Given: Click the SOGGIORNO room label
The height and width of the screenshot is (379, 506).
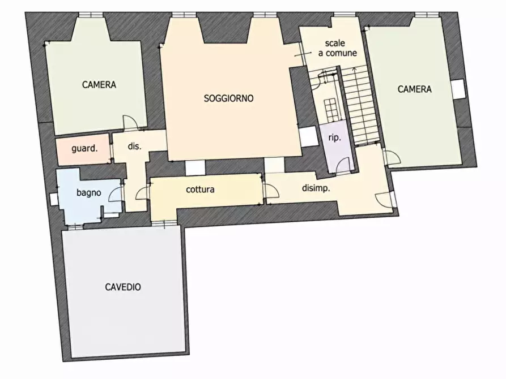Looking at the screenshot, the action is (x=228, y=98).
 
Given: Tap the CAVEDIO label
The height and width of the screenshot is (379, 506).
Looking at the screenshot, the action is (x=123, y=287).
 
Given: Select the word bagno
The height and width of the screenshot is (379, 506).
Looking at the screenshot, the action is (x=89, y=193).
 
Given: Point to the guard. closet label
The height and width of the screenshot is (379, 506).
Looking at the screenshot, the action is (x=84, y=149).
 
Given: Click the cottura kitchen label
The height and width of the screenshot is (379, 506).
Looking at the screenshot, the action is (x=200, y=189).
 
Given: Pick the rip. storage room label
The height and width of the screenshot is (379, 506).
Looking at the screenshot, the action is (x=335, y=137).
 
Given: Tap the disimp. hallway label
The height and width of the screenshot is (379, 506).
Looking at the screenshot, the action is (x=316, y=188).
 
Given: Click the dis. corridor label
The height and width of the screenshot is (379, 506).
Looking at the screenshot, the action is (x=134, y=146).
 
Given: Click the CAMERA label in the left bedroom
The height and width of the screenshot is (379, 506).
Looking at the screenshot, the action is (x=99, y=84).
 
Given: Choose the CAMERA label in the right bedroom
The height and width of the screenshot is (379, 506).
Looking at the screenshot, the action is (x=414, y=89).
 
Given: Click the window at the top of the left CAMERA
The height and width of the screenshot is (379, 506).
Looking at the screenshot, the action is (x=91, y=15).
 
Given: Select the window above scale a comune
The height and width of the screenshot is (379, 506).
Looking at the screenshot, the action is (x=345, y=15).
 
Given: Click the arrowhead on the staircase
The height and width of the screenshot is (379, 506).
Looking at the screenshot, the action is (x=354, y=68).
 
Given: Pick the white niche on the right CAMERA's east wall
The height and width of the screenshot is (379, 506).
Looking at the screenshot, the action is (x=458, y=89).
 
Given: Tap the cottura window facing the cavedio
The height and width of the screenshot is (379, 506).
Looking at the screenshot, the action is (x=164, y=223).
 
